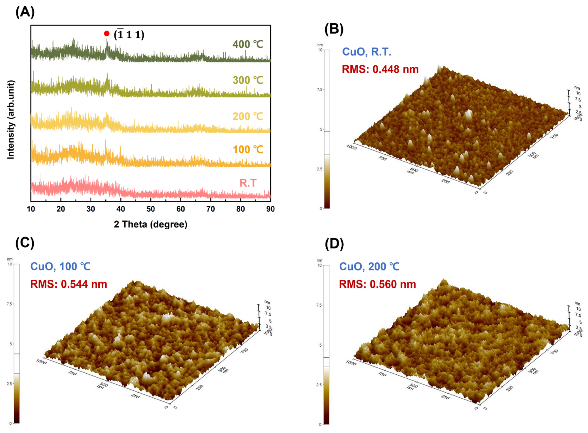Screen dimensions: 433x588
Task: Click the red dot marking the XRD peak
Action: pyautogui.click(x=107, y=34)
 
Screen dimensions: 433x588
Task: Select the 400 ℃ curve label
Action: pyautogui.click(x=247, y=44)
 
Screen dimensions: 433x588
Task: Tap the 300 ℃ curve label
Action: pyautogui.click(x=247, y=80)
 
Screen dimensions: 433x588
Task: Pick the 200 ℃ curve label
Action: pyautogui.click(x=247, y=116)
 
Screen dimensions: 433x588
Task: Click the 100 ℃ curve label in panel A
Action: pyautogui.click(x=247, y=149)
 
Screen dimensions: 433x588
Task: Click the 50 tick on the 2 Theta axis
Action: pyautogui.click(x=151, y=209)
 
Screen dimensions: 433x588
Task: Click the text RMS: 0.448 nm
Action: pyautogui.click(x=380, y=69)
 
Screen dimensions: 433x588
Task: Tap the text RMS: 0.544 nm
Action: pyautogui.click(x=69, y=284)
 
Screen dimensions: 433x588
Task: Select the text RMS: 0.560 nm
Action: pyautogui.click(x=377, y=284)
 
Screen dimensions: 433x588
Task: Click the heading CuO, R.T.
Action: pyautogui.click(x=367, y=52)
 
